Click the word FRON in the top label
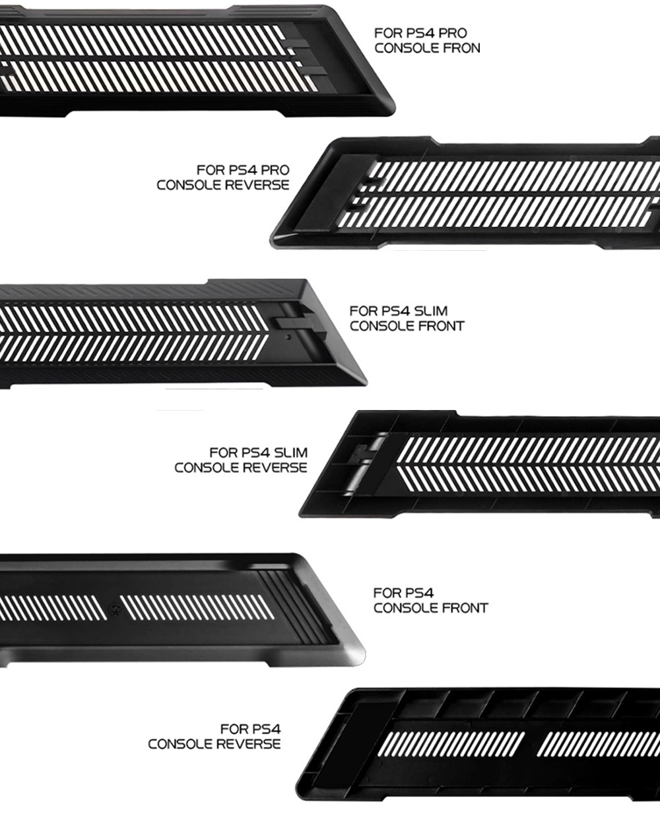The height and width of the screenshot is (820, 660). coord(459,48)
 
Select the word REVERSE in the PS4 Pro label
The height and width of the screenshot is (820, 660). coord(257,185)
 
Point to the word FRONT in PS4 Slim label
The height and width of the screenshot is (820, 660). coord(442,326)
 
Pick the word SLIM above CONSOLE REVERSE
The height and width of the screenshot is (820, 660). coord(291,453)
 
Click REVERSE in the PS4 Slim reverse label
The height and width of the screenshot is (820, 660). coord(275,467)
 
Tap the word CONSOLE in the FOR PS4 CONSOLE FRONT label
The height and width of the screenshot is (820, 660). coord(406,608)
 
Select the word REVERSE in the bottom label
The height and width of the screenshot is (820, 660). coord(247,744)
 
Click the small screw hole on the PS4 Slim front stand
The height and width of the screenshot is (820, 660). coord(289,337)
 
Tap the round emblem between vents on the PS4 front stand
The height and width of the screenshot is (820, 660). coord(113,607)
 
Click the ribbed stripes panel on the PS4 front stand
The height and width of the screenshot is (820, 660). coord(294,607)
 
